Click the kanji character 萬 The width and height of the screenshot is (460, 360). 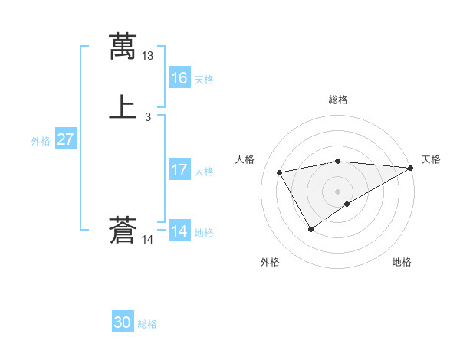(123, 46)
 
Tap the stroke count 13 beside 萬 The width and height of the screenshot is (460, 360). (148, 56)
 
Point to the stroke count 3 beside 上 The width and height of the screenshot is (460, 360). (148, 117)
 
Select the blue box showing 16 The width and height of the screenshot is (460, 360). (179, 78)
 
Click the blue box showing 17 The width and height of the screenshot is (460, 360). (179, 170)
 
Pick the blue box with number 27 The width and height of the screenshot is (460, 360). (66, 139)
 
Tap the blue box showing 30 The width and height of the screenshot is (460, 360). (123, 322)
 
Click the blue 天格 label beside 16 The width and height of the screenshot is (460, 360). (204, 80)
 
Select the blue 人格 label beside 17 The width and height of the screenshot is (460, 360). (204, 172)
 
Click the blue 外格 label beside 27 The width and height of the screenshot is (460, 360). (41, 141)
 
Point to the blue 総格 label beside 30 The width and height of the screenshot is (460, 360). (147, 324)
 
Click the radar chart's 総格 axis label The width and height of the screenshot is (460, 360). (337, 100)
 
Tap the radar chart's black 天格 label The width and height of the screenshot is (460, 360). (431, 159)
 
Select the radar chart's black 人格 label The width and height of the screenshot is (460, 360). (245, 159)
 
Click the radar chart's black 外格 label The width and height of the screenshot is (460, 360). (270, 262)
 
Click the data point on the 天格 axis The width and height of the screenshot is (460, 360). (411, 168)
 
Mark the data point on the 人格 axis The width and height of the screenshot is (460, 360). (280, 172)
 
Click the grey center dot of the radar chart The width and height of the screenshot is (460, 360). (337, 191)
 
